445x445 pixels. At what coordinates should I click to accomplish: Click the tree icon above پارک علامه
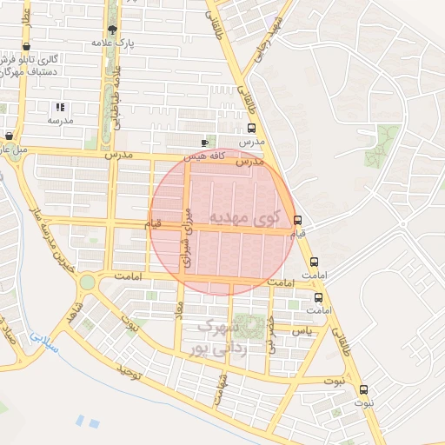tap(112, 30)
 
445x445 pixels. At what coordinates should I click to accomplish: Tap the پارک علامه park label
tap(112, 42)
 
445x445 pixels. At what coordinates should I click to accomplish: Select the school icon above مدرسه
tap(60, 108)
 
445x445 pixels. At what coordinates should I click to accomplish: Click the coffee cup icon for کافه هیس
tap(204, 142)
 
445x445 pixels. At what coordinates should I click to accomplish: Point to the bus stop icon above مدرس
tap(251, 128)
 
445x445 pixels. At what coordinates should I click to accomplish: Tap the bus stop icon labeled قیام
tap(298, 220)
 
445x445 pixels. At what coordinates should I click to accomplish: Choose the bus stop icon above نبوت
tap(363, 389)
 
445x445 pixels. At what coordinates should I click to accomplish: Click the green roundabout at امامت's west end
tap(87, 282)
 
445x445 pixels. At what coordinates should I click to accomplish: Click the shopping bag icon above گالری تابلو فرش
tap(28, 46)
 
